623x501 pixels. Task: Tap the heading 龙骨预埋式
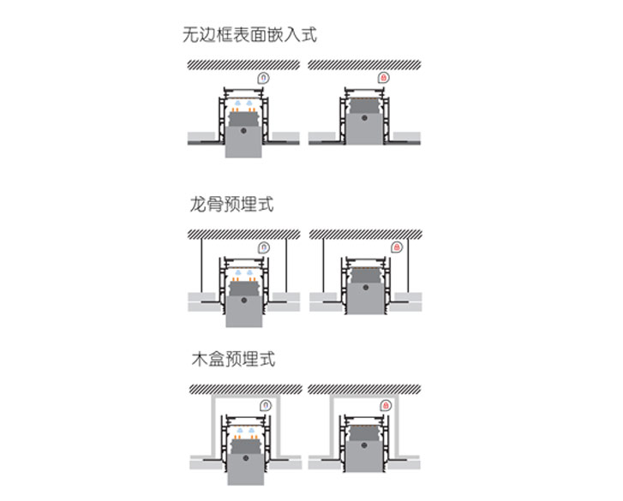(231, 206)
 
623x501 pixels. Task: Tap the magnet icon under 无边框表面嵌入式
(263, 78)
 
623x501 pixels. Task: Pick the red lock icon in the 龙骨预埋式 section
(397, 248)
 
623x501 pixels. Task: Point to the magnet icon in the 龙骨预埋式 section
(264, 248)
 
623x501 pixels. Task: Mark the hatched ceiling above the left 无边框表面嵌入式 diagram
(244, 64)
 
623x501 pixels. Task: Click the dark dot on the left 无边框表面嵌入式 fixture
(244, 131)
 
